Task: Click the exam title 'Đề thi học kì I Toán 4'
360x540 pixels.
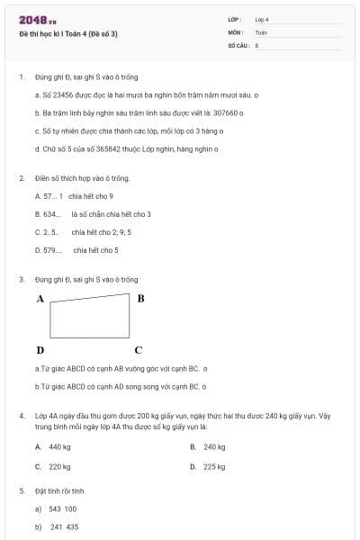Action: [x=67, y=33]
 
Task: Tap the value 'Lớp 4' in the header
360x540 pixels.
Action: [x=262, y=19]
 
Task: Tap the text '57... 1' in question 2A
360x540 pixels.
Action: [x=49, y=195]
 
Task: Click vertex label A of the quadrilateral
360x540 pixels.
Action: [x=40, y=298]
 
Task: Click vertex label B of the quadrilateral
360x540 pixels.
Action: [x=140, y=298]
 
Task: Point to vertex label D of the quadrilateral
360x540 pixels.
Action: [x=40, y=349]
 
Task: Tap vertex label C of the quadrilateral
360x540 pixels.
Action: [x=138, y=349]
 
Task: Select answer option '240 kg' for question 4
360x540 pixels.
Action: [x=214, y=446]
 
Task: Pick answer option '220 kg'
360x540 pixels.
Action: [x=59, y=466]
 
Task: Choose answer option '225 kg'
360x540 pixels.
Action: [x=214, y=466]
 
